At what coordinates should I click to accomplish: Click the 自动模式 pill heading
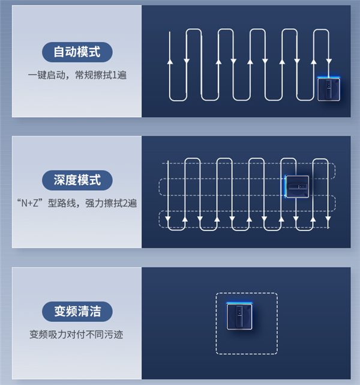click(x=77, y=52)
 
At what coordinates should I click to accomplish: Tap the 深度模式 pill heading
click(x=77, y=180)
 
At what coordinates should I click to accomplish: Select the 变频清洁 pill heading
click(x=77, y=311)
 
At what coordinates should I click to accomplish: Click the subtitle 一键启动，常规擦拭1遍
click(x=77, y=75)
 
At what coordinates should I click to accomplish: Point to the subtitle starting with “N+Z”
click(x=77, y=203)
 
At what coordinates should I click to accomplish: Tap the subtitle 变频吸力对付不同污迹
click(x=76, y=335)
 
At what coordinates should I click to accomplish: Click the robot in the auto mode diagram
click(x=329, y=89)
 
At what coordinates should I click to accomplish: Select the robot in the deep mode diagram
click(x=297, y=186)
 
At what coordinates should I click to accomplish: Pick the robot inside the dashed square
click(x=239, y=317)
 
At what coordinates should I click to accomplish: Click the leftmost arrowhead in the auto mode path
click(x=170, y=61)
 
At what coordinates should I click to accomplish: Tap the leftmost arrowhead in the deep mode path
click(x=168, y=219)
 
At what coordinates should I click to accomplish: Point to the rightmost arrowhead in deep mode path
click(x=328, y=219)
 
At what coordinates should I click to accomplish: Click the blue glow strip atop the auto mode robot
click(x=329, y=78)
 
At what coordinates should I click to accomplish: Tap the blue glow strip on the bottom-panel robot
click(x=239, y=303)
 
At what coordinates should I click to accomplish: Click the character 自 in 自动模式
click(x=59, y=52)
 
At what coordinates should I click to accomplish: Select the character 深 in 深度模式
click(x=59, y=180)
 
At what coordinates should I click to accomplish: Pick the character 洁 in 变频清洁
click(x=95, y=311)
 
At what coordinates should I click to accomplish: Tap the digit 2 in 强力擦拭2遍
click(x=125, y=203)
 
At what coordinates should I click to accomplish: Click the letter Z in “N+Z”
click(x=36, y=203)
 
